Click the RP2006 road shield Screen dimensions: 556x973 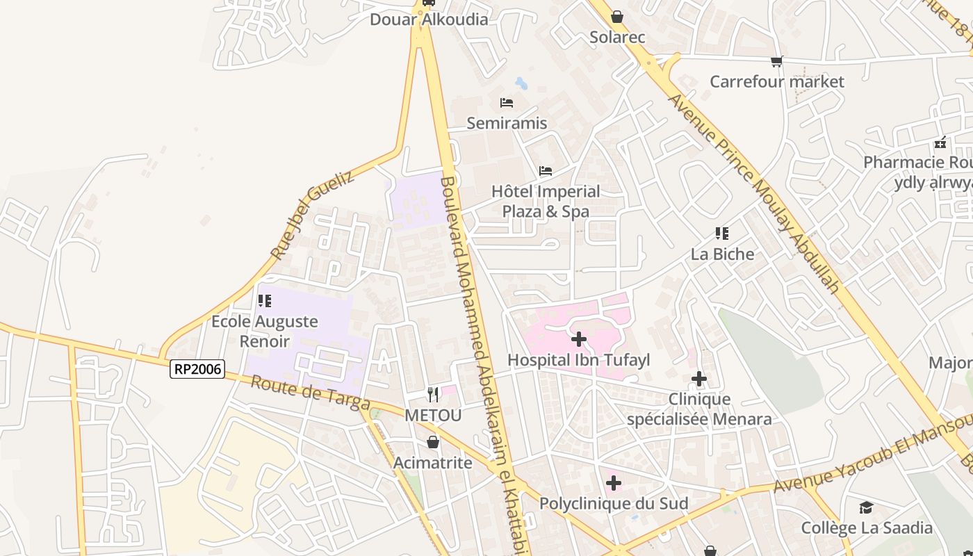tap(197, 369)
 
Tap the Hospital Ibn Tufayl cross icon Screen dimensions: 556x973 tap(578, 339)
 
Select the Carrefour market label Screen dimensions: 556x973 tap(776, 81)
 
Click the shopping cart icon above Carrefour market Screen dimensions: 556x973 tap(776, 61)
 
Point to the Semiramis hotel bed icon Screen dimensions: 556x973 tap(507, 103)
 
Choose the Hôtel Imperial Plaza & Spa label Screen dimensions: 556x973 tap(546, 201)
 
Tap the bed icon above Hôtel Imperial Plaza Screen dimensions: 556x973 tap(546, 170)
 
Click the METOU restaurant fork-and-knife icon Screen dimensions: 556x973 tap(433, 395)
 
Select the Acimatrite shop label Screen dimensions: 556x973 tap(433, 463)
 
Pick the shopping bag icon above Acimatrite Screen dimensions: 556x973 tap(433, 442)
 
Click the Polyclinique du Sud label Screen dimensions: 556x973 tap(614, 503)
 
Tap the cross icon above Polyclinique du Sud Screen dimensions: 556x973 tap(614, 482)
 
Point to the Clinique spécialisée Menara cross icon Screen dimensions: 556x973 tap(699, 379)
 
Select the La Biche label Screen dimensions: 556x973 tap(722, 254)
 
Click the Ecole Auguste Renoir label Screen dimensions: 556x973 tap(265, 331)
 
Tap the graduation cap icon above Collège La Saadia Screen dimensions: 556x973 tap(866, 507)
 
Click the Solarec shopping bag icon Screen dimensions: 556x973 tap(617, 17)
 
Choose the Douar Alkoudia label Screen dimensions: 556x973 tap(429, 19)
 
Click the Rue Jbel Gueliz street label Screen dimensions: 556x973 tap(312, 216)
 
